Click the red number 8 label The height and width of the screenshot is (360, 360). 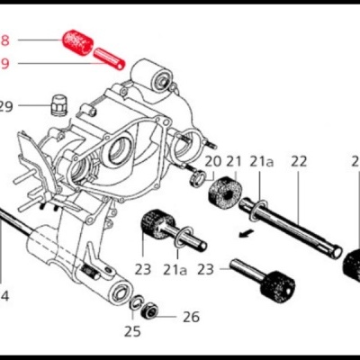coord(4,41)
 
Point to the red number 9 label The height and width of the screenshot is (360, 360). coord(4,63)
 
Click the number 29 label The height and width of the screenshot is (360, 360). coord(6,107)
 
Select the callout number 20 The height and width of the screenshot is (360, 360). coord(213,161)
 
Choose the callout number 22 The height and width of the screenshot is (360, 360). coord(299,161)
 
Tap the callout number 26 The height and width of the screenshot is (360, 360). coord(191,316)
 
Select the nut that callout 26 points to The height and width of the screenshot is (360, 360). coord(153,312)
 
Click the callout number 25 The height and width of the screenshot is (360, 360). coord(132,331)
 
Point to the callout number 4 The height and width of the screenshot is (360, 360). coord(4,295)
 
